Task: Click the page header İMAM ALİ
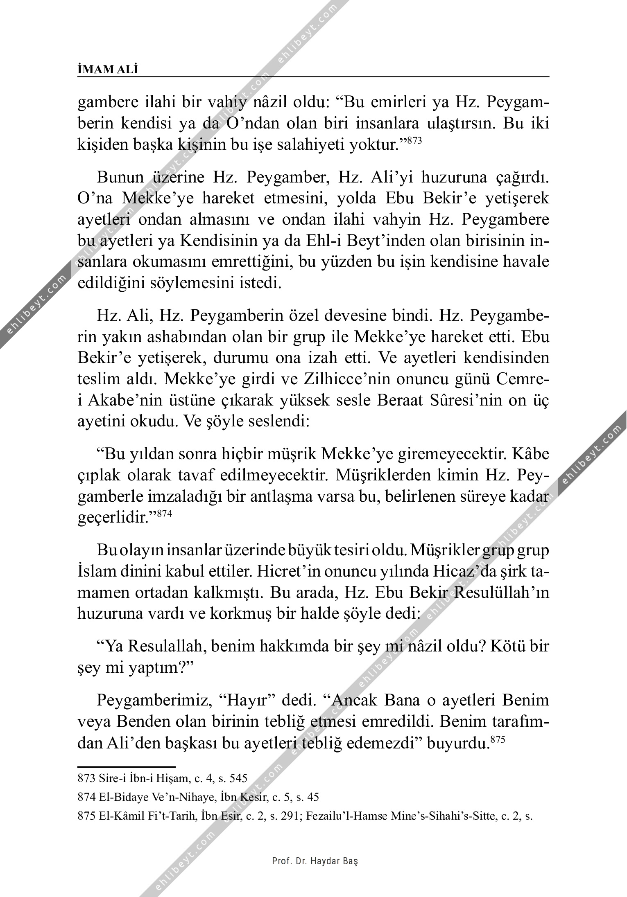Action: [107, 69]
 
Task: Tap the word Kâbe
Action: [530, 454]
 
